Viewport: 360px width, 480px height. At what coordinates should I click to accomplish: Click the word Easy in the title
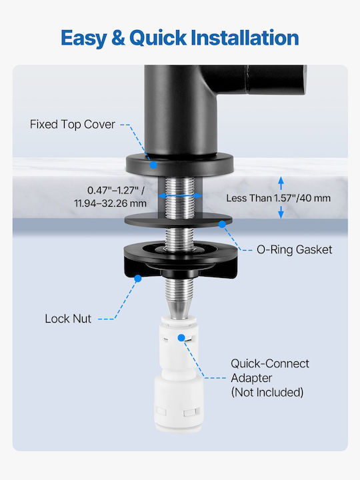click(83, 38)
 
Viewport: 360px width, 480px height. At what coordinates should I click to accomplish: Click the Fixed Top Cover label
click(72, 124)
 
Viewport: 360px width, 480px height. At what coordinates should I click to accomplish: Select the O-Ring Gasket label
click(294, 249)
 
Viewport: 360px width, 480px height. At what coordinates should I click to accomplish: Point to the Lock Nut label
click(68, 319)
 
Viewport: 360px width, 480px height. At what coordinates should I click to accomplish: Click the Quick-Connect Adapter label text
click(270, 371)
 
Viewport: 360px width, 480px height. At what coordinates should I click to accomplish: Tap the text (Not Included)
click(267, 392)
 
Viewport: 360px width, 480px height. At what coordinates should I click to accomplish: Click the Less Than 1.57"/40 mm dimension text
click(278, 198)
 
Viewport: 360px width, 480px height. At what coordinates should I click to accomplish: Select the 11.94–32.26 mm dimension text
click(110, 203)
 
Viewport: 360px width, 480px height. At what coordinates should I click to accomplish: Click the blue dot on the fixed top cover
click(153, 165)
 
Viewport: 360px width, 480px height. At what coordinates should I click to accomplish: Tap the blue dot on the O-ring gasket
click(222, 225)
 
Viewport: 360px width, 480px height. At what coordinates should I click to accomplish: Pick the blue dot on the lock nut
click(138, 278)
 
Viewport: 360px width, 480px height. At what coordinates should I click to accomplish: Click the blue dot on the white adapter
click(181, 337)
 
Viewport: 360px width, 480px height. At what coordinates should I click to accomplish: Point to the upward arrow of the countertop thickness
click(281, 183)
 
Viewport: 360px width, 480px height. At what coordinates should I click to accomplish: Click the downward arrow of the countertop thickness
click(281, 212)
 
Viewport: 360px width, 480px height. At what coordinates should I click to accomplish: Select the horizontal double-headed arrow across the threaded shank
click(180, 195)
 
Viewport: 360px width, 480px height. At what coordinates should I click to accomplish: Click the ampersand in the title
click(118, 38)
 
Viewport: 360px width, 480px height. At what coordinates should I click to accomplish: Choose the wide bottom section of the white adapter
click(179, 403)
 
